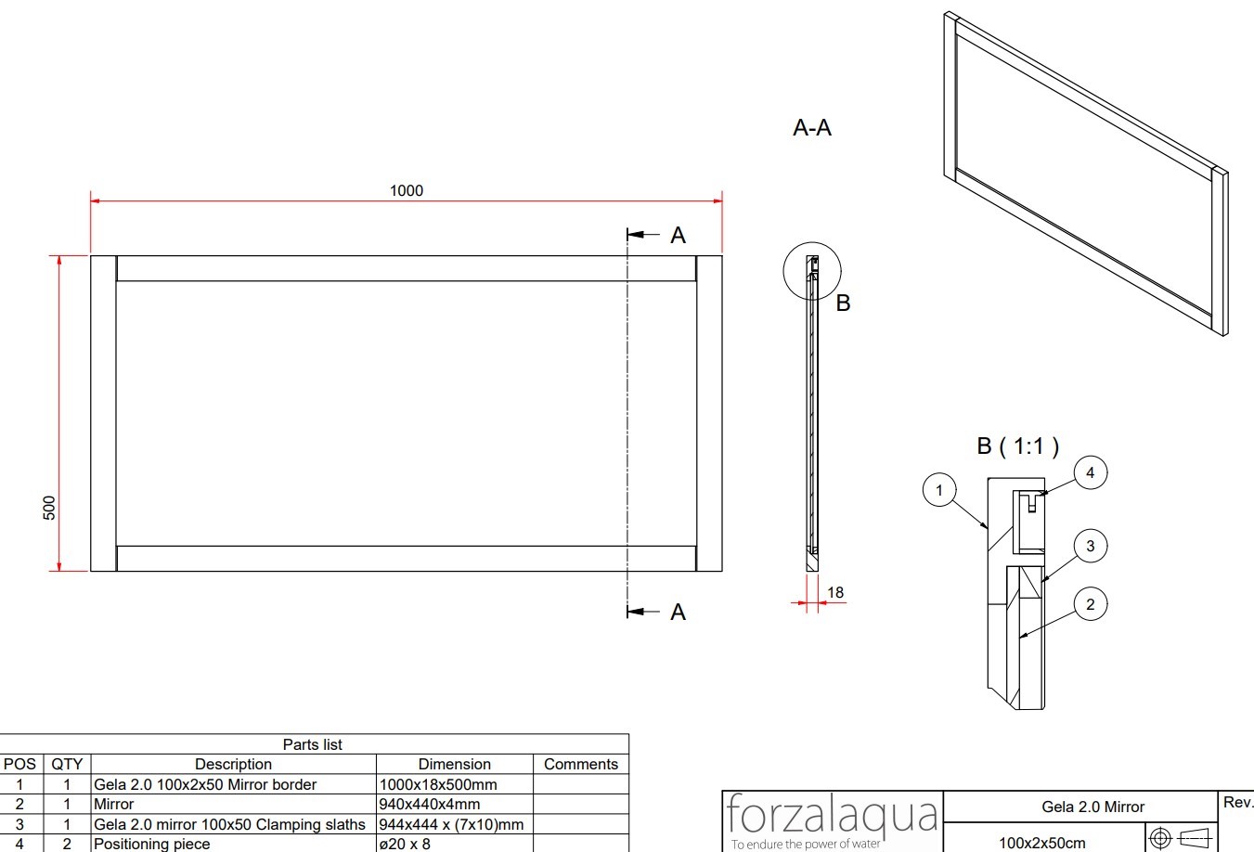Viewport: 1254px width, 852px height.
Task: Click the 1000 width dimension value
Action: pos(407,191)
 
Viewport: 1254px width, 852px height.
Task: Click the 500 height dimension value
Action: pos(49,508)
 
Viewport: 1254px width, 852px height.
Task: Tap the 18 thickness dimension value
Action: pos(835,592)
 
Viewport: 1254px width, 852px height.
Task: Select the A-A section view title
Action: pos(812,128)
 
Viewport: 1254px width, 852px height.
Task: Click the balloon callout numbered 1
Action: pos(938,490)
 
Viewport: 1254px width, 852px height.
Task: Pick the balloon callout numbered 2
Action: pos(1090,604)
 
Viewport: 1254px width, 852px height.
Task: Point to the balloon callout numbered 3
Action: pos(1090,546)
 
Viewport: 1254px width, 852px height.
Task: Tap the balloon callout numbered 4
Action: pos(1090,473)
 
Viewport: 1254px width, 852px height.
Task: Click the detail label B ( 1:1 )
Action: pos(1017,446)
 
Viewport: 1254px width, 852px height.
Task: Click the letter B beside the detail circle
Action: pos(843,303)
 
